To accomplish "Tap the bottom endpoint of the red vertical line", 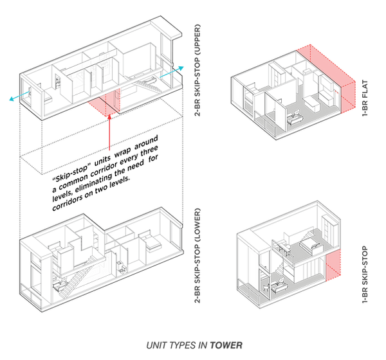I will tap(109, 151).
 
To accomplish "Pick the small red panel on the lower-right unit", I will tap(333, 267).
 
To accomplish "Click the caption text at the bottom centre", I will tap(193, 346).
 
